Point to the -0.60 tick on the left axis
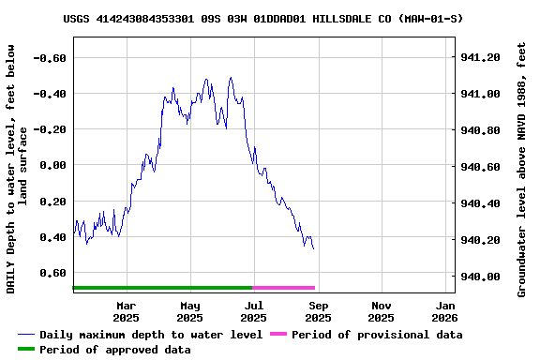[50, 57]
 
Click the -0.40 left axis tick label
[50, 94]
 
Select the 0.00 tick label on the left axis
[52, 165]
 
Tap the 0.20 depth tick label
[52, 202]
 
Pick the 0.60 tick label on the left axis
[52, 274]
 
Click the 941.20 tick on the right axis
[481, 57]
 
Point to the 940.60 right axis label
[481, 167]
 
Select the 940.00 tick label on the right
[481, 277]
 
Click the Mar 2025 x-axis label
[126, 311]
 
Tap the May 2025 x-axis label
[190, 311]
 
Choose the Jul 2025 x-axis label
[254, 311]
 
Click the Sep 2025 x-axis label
[318, 311]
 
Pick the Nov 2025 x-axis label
[382, 311]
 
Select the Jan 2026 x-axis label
[445, 311]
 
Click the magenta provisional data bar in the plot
[284, 288]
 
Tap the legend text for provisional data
[376, 335]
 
